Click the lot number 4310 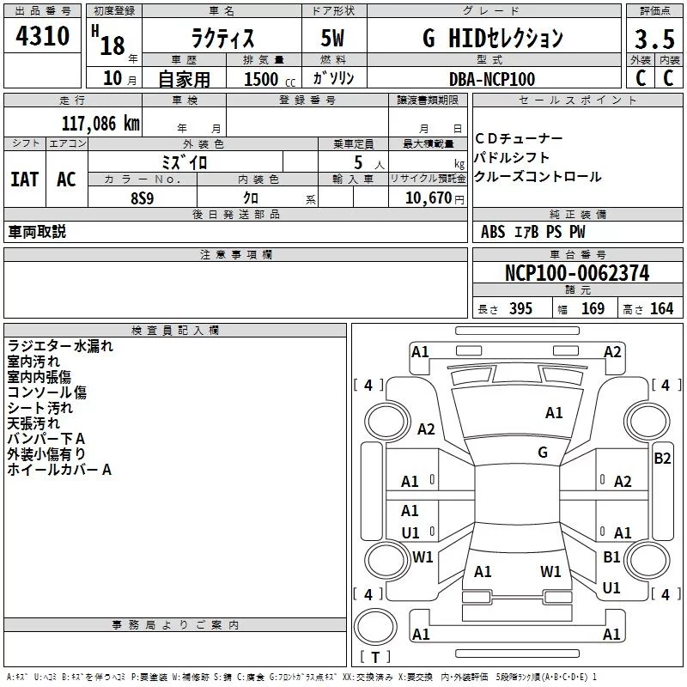[x=42, y=35]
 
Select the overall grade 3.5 [x=654, y=40]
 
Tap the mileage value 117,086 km [x=100, y=124]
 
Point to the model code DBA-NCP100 [x=492, y=79]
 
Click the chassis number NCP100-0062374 [x=577, y=273]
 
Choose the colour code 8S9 [x=143, y=198]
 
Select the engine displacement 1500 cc [x=270, y=79]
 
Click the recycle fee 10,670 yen [x=435, y=198]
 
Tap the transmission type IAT [x=25, y=179]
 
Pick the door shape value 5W [x=332, y=38]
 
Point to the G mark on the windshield [x=543, y=453]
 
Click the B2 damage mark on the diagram [x=662, y=459]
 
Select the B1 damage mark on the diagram [x=611, y=556]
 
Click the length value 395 [x=520, y=309]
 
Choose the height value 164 [x=661, y=309]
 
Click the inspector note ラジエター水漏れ [x=60, y=346]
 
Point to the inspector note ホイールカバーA [x=59, y=470]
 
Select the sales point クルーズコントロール [x=538, y=177]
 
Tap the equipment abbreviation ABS [x=493, y=232]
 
